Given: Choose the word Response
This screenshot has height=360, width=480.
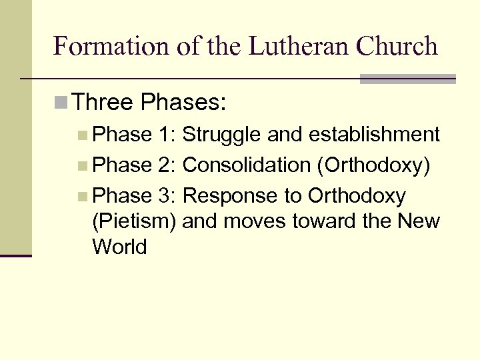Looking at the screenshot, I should [x=228, y=195].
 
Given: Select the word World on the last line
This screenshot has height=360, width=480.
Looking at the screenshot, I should [x=119, y=247].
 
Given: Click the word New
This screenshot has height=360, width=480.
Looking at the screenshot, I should [x=419, y=221].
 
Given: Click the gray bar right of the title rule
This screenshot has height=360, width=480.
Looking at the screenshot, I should [x=407, y=79].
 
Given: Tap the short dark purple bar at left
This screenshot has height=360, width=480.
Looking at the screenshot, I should [x=16, y=255].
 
